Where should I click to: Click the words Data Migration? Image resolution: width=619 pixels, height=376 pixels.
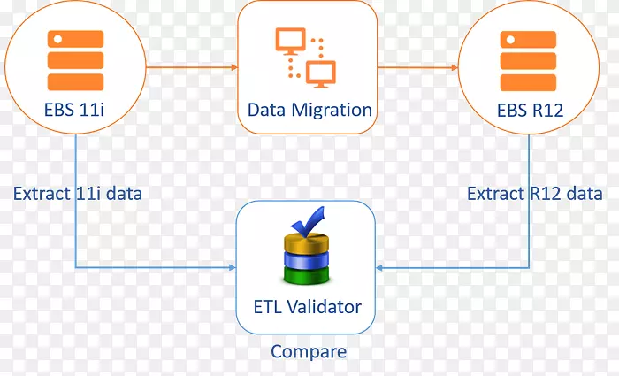click(x=309, y=111)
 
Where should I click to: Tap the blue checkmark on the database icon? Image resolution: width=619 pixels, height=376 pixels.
click(x=309, y=221)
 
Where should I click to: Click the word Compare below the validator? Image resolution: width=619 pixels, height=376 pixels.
click(x=309, y=351)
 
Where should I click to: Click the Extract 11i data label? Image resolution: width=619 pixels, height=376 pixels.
click(x=78, y=193)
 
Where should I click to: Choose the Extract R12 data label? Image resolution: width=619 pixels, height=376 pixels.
click(x=535, y=193)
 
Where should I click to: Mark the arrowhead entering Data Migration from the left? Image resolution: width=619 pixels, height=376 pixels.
click(x=234, y=66)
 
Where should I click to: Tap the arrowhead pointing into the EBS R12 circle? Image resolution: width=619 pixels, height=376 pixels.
click(x=454, y=66)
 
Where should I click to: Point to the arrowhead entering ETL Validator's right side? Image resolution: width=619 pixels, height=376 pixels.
click(x=381, y=266)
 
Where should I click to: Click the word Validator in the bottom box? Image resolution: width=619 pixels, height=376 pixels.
click(x=327, y=307)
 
